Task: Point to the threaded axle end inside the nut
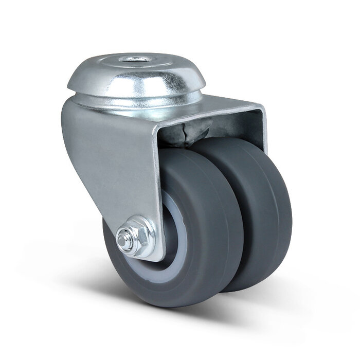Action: coord(123,239)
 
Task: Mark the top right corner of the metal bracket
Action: coord(263,108)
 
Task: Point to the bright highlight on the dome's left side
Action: coord(85,77)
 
